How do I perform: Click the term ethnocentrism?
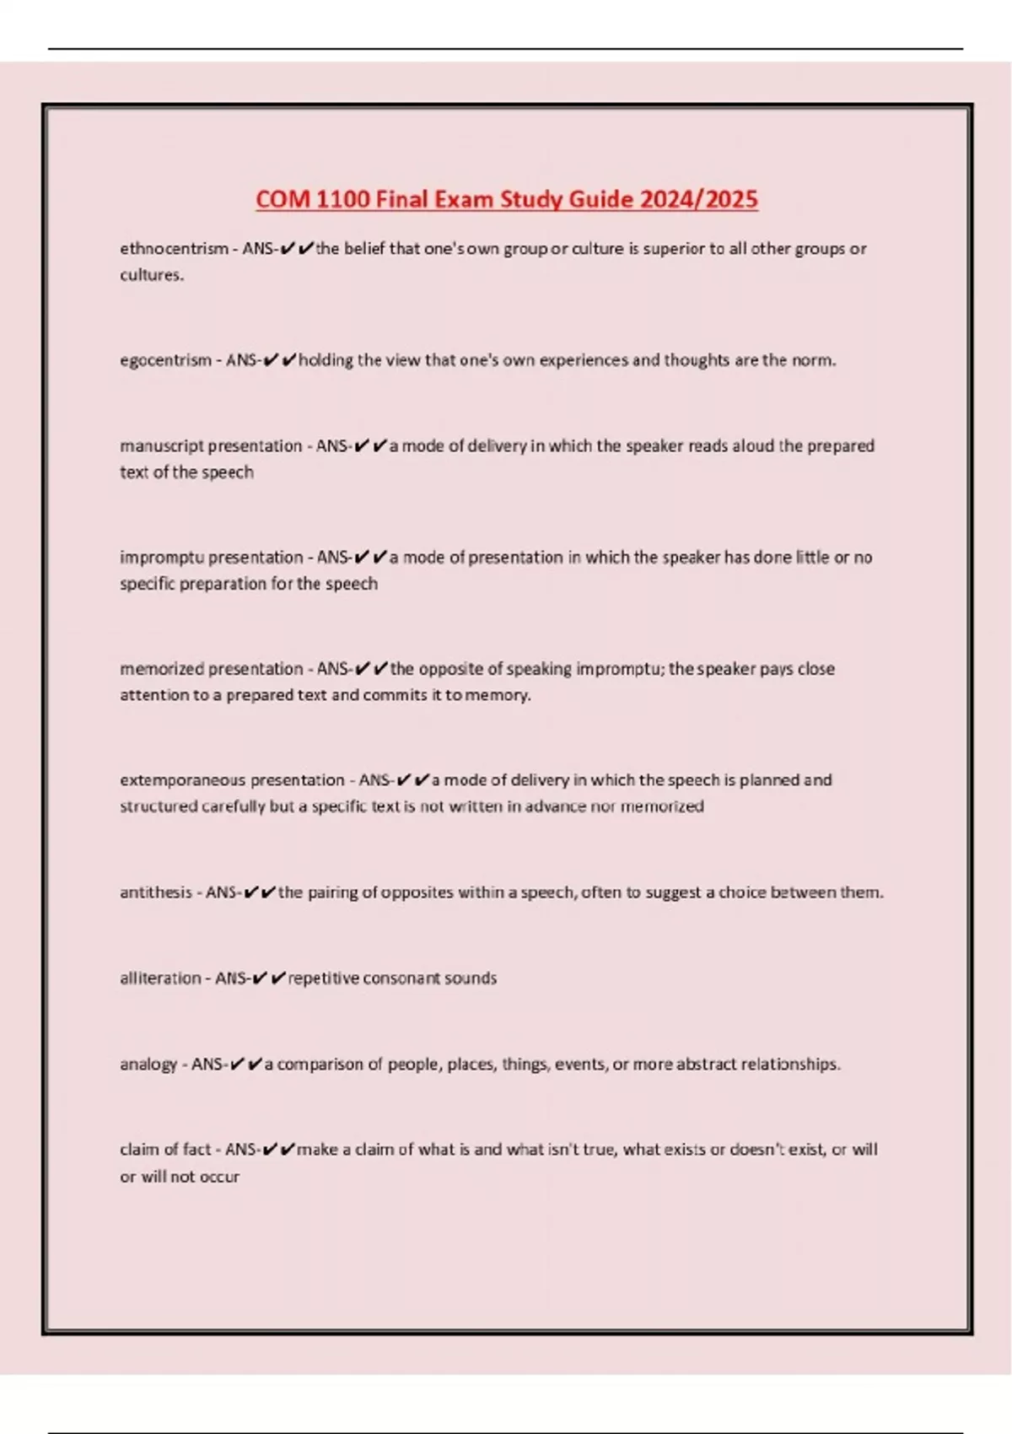coord(174,249)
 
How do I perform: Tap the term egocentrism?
coord(165,360)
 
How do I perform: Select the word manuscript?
coord(162,445)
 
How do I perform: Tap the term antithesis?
coord(155,892)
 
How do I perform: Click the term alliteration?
coord(160,978)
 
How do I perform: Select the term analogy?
coord(148,1065)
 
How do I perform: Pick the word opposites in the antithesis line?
coord(417,892)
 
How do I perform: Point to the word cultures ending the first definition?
coord(151,275)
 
